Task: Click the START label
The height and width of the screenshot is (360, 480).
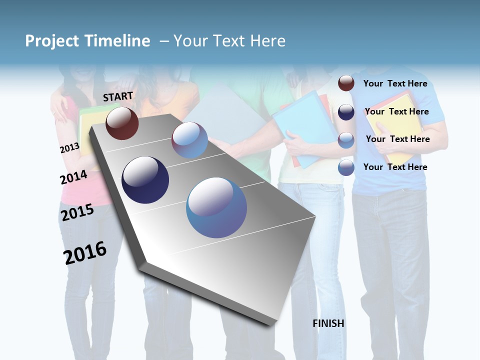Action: [x=118, y=96]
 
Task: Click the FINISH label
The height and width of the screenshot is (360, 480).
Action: [x=328, y=323]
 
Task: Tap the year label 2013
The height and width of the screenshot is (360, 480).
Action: [x=69, y=147]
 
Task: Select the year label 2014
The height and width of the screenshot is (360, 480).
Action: [x=73, y=177]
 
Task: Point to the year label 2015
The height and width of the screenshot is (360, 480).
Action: [x=77, y=212]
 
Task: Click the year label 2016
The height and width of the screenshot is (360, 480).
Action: [x=85, y=252]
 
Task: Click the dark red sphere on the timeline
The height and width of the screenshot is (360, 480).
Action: [x=122, y=123]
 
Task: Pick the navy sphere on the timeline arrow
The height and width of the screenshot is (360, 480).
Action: [x=145, y=180]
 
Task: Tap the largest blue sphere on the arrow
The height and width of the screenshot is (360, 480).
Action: [x=216, y=207]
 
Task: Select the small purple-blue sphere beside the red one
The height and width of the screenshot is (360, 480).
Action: [x=189, y=140]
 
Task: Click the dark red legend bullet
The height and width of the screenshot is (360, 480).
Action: [x=346, y=83]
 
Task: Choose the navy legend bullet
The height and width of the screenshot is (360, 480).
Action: [x=346, y=112]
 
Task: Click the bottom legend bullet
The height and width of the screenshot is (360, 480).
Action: [x=346, y=167]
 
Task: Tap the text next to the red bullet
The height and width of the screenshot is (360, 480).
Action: [x=395, y=83]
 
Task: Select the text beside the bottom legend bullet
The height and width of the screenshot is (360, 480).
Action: [x=395, y=167]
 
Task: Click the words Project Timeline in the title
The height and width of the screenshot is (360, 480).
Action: [x=87, y=41]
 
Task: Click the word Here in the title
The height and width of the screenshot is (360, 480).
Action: [x=267, y=41]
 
